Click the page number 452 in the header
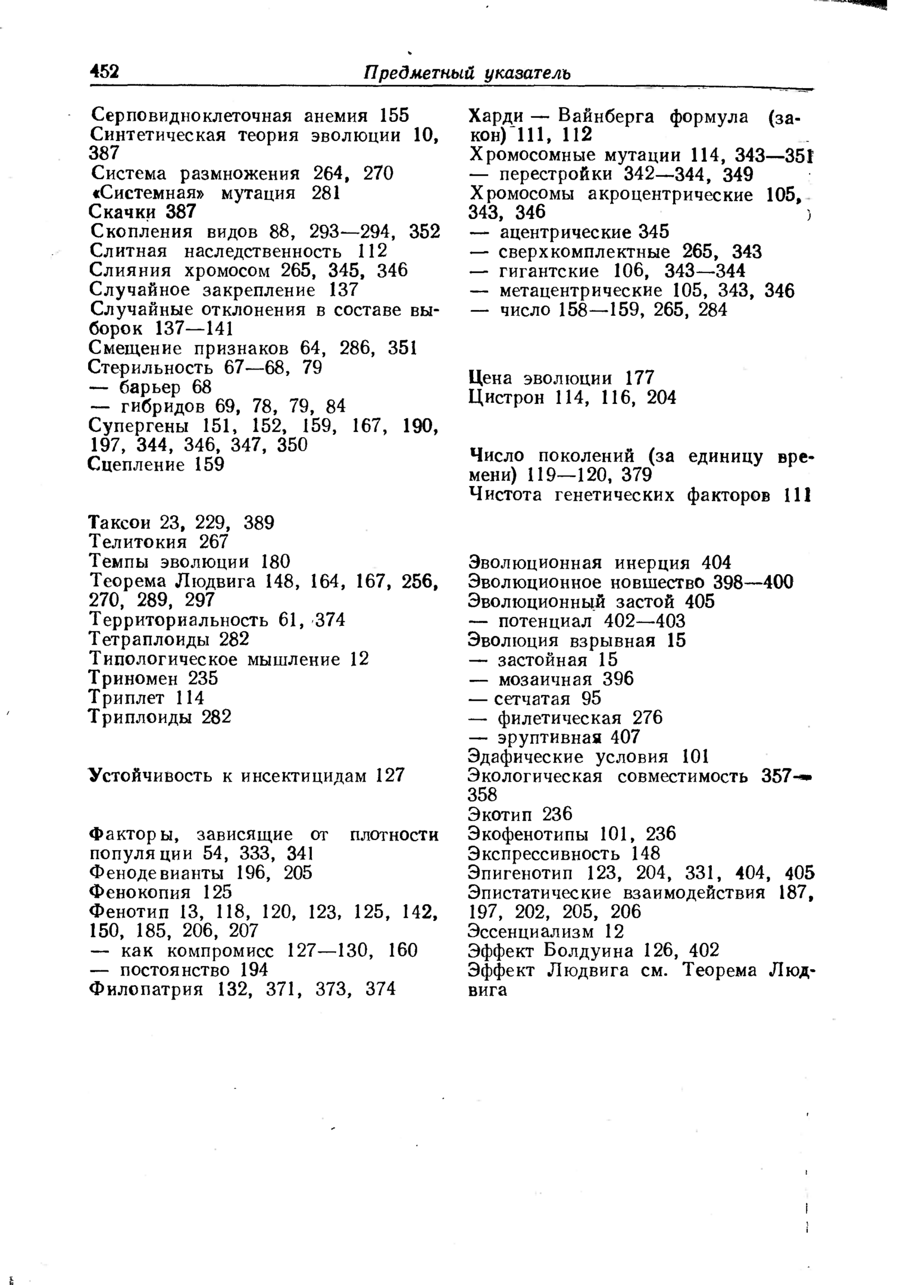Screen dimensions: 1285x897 104,72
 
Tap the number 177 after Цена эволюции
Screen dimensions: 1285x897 640,378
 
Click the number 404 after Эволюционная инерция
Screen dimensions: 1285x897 717,562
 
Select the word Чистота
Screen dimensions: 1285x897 505,494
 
